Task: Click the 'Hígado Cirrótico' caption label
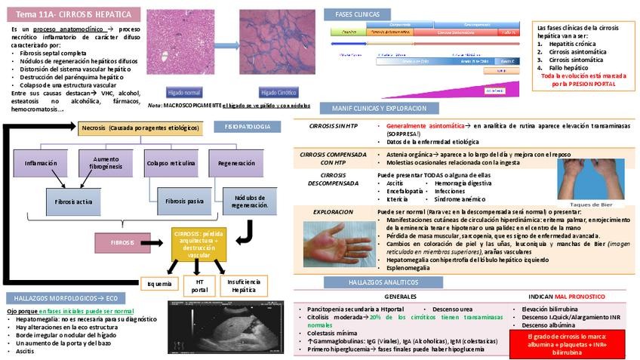pyautogui.click(x=280, y=92)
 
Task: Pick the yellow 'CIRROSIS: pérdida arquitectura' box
pyautogui.click(x=199, y=243)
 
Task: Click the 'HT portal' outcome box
pyautogui.click(x=200, y=285)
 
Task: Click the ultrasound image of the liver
pyautogui.click(x=223, y=327)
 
